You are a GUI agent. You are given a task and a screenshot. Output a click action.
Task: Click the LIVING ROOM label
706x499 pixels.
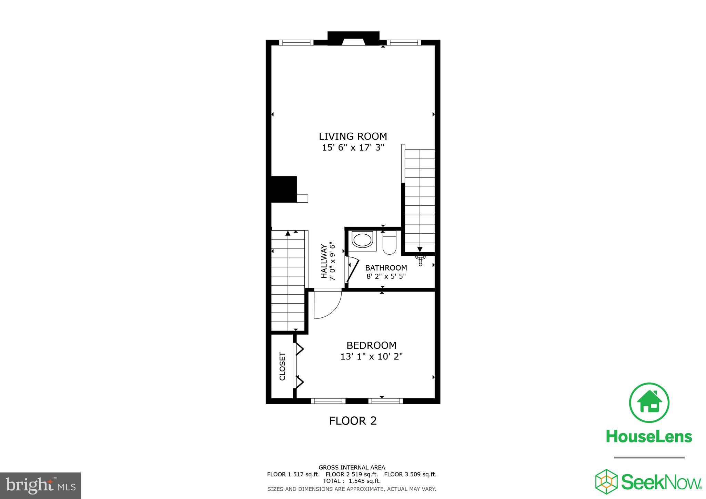pos(353,136)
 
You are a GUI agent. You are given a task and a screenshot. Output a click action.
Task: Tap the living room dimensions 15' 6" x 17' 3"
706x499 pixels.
pos(353,148)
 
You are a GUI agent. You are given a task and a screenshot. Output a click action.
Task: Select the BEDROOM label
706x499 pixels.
pos(371,345)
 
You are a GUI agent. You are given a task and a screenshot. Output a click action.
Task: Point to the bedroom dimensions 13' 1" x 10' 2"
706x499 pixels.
pos(371,357)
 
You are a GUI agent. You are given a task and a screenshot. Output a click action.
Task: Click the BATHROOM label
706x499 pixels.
pos(386,268)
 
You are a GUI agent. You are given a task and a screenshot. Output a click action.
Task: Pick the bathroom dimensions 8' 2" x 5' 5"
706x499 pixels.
pos(386,276)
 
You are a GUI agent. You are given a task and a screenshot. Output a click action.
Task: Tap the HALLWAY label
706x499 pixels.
pos(324,261)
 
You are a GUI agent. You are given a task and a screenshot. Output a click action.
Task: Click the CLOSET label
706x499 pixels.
pos(282,366)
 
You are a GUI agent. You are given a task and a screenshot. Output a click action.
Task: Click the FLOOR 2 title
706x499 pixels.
pos(353,421)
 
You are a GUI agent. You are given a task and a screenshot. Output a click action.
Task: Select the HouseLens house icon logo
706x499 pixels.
pos(649,403)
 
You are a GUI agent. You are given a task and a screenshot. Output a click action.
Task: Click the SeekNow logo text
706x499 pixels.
pos(662,482)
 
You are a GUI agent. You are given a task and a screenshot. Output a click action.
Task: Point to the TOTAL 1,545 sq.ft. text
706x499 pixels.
pos(352,481)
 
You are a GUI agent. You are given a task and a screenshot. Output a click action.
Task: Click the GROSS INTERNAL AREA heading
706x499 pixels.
pos(352,468)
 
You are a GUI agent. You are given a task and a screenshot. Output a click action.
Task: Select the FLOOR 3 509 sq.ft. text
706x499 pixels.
pos(410,474)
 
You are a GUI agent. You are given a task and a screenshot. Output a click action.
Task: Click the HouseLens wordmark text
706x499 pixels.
pos(649,437)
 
